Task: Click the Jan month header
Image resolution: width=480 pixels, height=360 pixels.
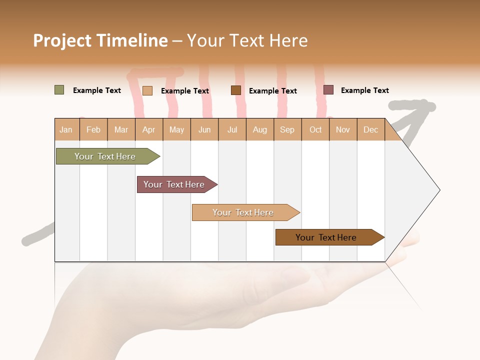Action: pos(66,129)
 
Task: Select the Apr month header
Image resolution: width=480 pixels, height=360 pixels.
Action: pos(149,129)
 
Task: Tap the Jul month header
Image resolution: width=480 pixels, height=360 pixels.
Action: pos(232,129)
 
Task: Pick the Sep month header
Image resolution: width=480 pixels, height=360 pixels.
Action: pos(287,129)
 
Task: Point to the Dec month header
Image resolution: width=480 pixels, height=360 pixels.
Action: pos(370,129)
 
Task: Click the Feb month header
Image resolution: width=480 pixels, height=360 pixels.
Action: pos(93,129)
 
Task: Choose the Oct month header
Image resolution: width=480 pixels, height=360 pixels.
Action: pos(315,129)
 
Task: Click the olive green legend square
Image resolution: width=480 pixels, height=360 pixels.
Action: pos(59,90)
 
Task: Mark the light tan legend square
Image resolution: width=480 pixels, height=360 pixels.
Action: pos(147,90)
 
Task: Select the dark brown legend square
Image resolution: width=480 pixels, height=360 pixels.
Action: pos(236,90)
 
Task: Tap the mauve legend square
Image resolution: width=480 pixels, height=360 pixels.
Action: pos(328,90)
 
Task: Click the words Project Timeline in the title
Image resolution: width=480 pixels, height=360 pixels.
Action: pos(100,40)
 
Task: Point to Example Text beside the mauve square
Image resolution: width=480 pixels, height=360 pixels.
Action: pos(364,90)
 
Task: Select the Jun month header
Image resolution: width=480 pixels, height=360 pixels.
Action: pos(204,129)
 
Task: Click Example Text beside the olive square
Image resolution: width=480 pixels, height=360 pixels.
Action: pos(97,90)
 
